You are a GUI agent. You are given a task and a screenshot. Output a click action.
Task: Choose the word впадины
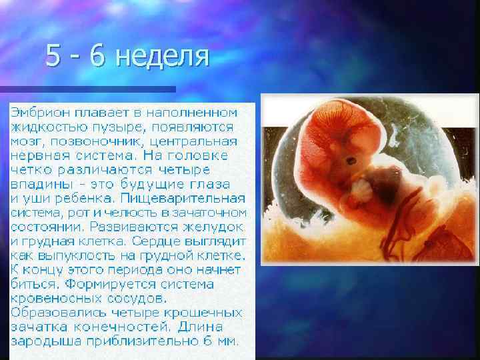(39, 184)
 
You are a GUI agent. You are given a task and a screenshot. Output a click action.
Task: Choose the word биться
(33, 283)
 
